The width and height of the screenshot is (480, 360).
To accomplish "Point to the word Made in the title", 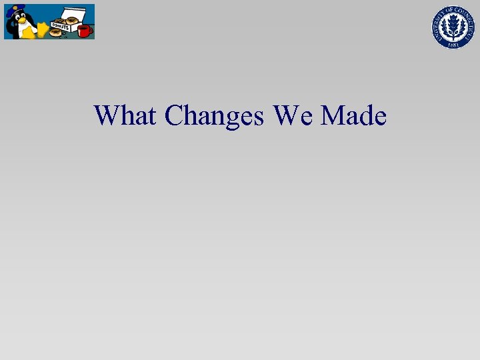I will pos(353,115).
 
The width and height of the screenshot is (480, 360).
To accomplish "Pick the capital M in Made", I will pos(333,115).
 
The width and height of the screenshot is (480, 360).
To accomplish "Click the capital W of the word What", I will pos(107,115).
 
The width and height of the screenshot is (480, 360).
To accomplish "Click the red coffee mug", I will pos(84,31).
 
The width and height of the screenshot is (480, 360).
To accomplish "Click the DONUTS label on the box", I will pos(60,25).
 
